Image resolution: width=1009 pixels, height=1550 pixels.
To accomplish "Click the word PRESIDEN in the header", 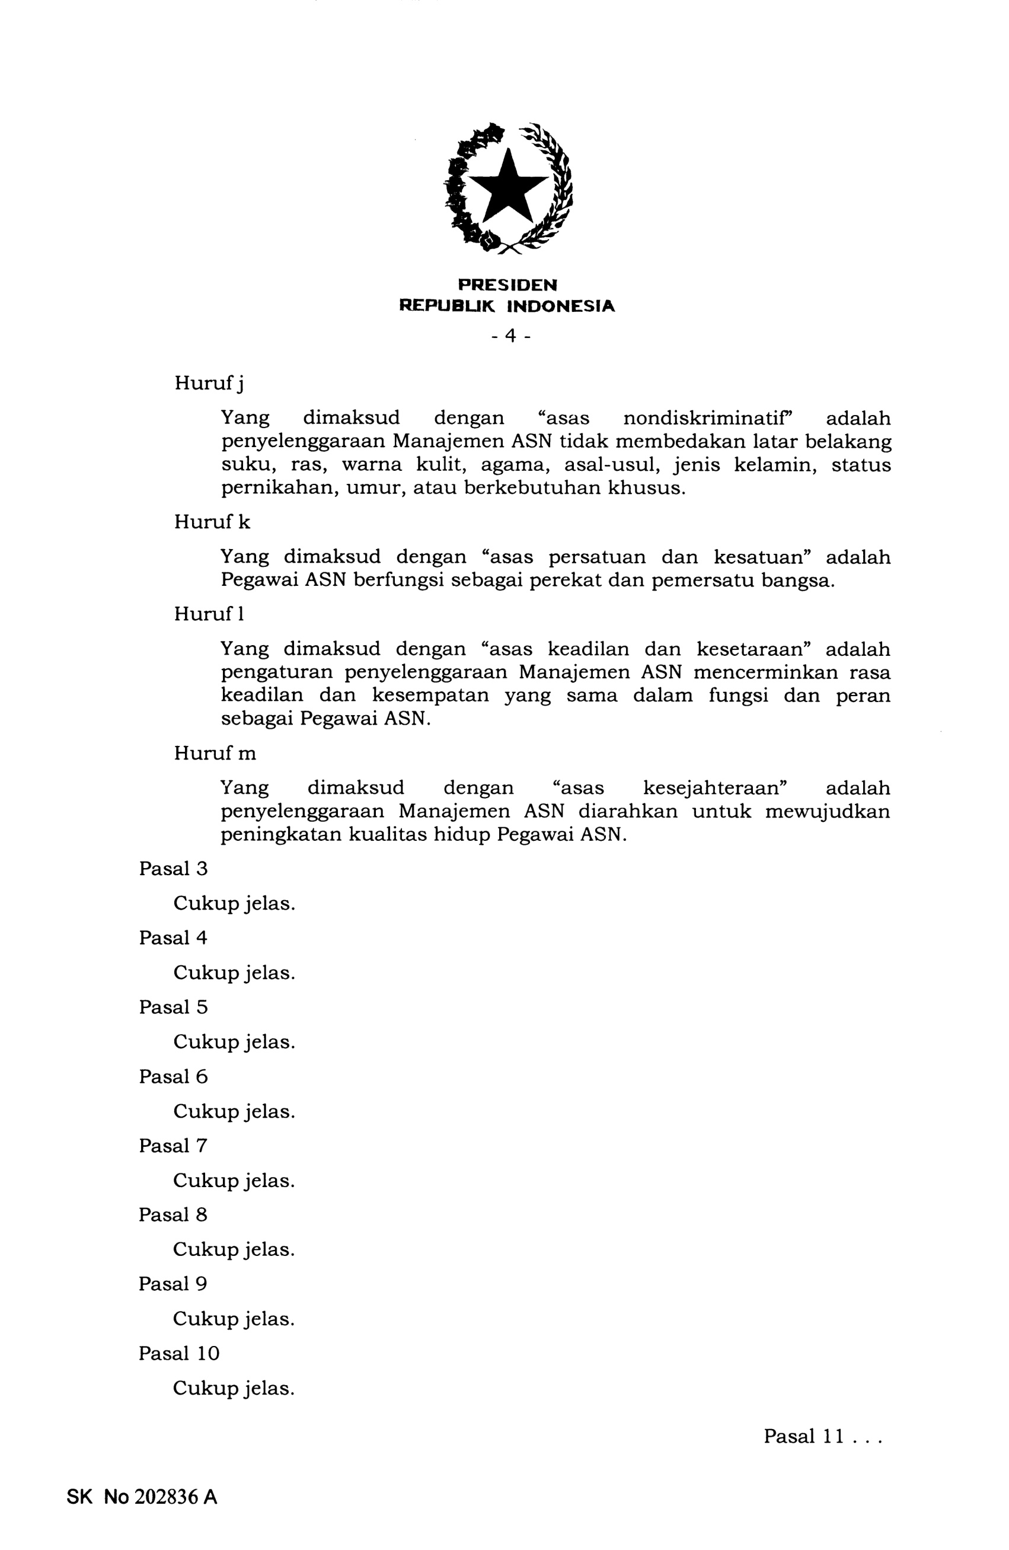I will click(x=507, y=285).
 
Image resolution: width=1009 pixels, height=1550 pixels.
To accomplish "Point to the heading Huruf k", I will click(x=212, y=522).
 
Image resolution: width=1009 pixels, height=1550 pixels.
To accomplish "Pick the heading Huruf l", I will click(x=209, y=614).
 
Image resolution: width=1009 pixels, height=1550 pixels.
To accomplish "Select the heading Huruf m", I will click(x=215, y=754).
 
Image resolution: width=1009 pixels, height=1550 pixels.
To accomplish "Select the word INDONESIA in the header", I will click(x=560, y=306).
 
